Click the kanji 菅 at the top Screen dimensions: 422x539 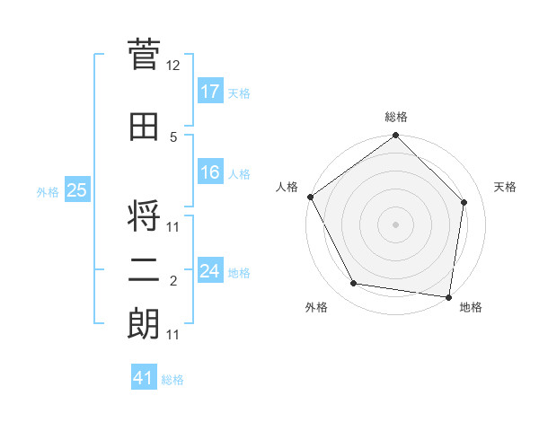point(144,54)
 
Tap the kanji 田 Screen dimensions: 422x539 point(144,127)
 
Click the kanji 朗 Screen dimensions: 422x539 point(144,323)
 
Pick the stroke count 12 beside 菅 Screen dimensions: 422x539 point(173,66)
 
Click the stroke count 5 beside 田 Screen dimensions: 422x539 point(173,137)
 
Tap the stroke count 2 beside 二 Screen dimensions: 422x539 point(173,282)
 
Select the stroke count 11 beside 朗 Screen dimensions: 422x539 point(173,335)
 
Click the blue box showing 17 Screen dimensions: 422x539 point(210,92)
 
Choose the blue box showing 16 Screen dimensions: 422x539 point(210,172)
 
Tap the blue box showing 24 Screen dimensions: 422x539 point(210,271)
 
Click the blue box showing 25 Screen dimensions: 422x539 point(77,190)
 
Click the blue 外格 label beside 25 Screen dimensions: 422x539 point(48,191)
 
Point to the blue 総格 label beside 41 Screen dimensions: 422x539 point(172,380)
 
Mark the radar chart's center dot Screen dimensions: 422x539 point(395,224)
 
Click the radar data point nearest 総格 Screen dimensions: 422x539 point(395,136)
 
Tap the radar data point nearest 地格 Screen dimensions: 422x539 point(449,296)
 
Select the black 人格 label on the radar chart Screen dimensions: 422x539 point(287,187)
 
